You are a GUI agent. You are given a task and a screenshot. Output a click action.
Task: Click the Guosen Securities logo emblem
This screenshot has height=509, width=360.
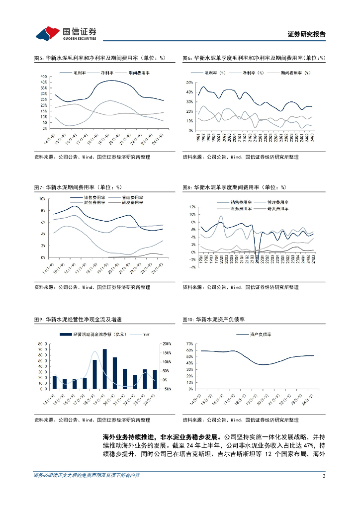[x=48, y=34]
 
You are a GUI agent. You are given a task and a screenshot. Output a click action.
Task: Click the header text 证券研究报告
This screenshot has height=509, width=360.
[x=307, y=34]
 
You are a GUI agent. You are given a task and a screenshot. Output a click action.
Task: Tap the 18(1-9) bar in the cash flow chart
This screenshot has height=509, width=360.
[x=94, y=374]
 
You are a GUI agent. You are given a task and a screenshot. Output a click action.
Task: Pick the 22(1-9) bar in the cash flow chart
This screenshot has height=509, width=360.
[x=135, y=381]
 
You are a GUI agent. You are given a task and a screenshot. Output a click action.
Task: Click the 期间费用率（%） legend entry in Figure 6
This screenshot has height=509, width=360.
[x=290, y=73]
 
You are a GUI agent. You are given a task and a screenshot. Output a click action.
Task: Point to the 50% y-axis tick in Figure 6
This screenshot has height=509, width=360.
[x=188, y=82]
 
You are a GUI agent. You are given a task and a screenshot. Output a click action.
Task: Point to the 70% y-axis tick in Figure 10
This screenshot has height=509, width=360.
[x=189, y=343]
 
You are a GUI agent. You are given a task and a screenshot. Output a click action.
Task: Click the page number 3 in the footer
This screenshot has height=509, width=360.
[x=324, y=475]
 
